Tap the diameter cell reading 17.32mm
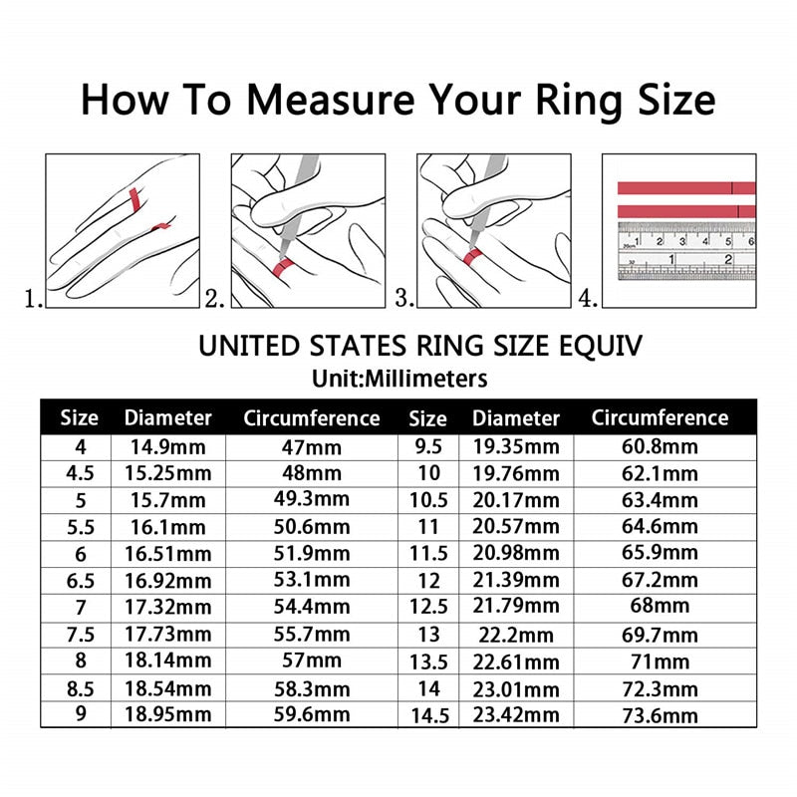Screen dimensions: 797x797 coord(167,606)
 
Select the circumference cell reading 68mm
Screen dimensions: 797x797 coord(660,606)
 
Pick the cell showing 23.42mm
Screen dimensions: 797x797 coord(515,714)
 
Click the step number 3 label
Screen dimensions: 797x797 coord(403,298)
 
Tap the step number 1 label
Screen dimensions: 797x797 coord(33,298)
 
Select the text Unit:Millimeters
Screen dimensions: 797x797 coord(398,379)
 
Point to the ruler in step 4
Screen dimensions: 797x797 coord(686,250)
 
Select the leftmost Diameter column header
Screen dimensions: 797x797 coord(167,418)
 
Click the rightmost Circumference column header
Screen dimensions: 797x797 coord(660,418)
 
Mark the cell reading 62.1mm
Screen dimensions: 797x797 coord(660,473)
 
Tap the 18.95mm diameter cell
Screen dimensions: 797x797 coord(167,714)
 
